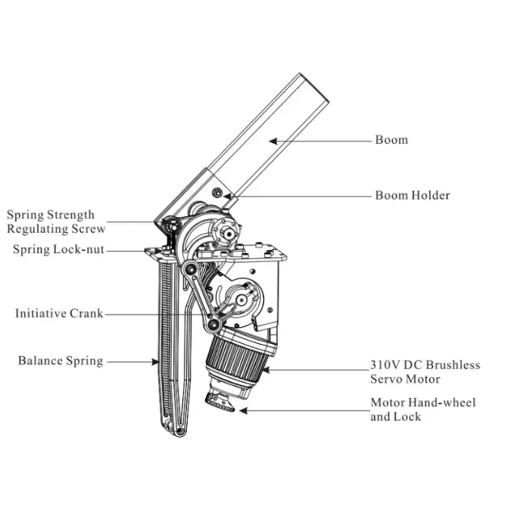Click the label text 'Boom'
pos(391,140)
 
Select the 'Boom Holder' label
pos(412,195)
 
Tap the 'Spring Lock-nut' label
pos(58,250)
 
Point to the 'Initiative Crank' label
pos(59,314)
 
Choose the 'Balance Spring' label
pos(60,361)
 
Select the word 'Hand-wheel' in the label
pos(444,403)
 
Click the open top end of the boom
pos(312,86)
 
